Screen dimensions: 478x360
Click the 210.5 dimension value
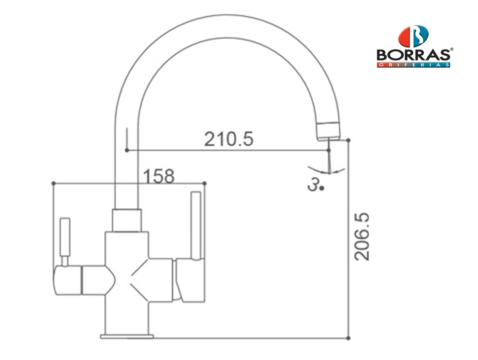click(x=229, y=139)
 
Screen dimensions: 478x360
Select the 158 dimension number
click(x=159, y=176)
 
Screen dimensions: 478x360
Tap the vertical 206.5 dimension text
click(x=361, y=237)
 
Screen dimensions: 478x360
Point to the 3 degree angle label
click(x=316, y=185)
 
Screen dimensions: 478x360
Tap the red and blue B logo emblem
click(x=413, y=36)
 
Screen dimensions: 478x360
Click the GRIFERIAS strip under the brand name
click(x=413, y=65)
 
